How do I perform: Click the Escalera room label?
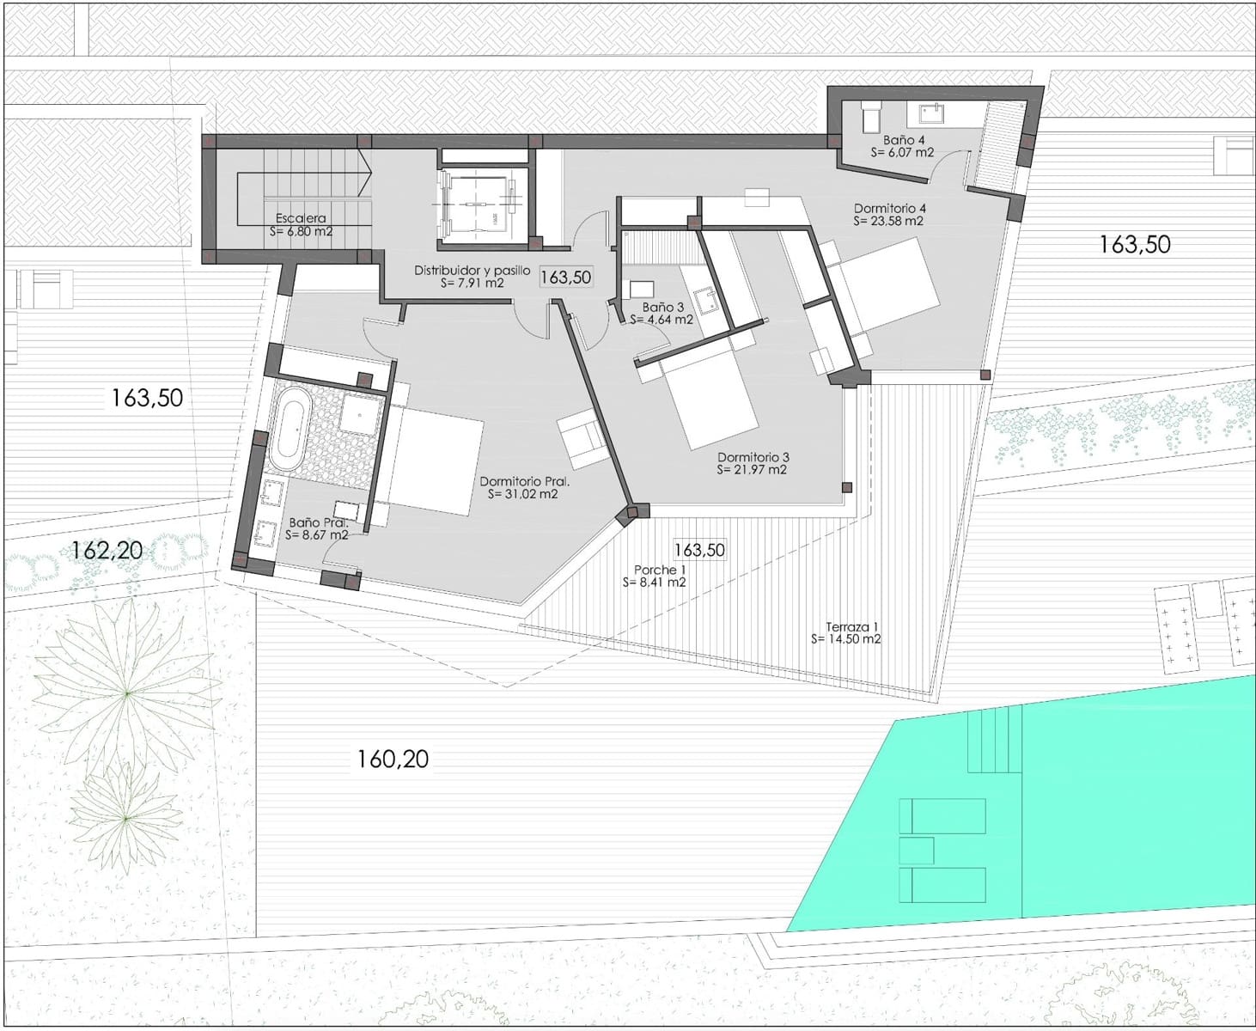(301, 218)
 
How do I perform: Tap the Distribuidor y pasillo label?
(473, 271)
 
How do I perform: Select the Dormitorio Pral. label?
(525, 481)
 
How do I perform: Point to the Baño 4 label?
(904, 140)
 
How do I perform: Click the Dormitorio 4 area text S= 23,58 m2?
(888, 221)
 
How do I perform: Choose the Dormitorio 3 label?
(753, 457)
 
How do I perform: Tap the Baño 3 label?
(663, 308)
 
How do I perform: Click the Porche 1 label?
(655, 570)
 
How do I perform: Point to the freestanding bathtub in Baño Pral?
(291, 429)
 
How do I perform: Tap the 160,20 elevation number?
(393, 760)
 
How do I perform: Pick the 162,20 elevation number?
(107, 551)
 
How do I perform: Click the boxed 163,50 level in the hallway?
(566, 278)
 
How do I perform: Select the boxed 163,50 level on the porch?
(700, 549)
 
